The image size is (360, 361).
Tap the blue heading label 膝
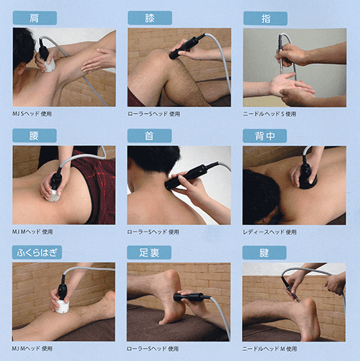149,18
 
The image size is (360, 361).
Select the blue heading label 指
264,18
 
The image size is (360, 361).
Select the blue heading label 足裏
149,252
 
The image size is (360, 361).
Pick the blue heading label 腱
264,252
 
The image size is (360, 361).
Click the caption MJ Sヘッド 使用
32,114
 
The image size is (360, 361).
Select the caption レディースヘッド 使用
270,232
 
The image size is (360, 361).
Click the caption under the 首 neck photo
153,232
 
